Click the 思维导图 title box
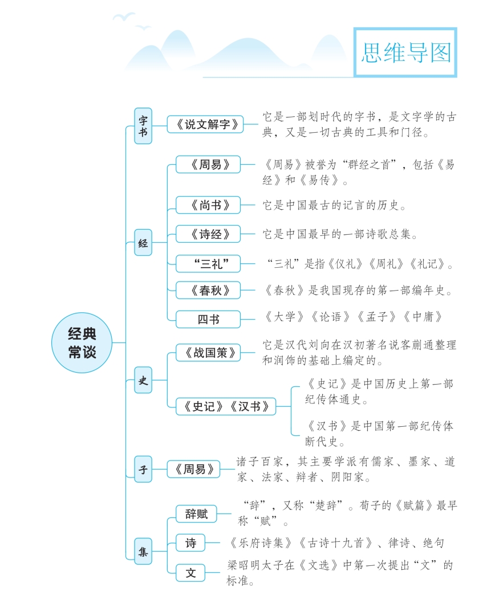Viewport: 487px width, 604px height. tap(405, 52)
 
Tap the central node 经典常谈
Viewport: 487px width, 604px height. tap(82, 342)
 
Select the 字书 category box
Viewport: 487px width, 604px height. tap(143, 125)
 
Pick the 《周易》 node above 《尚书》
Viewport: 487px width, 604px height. tap(208, 165)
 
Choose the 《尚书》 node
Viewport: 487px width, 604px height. tap(208, 205)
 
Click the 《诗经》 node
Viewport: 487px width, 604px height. tap(208, 234)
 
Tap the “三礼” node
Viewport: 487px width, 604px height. tap(208, 263)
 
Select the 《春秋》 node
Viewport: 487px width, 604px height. tap(208, 291)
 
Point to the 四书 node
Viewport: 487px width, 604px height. tap(208, 320)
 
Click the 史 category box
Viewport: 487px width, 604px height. tap(143, 381)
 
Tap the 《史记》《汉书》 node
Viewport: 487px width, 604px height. tap(226, 407)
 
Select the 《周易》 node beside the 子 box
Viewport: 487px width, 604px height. tap(194, 470)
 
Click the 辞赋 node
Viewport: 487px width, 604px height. tap(196, 514)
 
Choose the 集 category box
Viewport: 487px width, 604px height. tap(143, 551)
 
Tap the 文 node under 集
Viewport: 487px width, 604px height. tap(190, 573)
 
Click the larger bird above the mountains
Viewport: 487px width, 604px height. tap(124, 17)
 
